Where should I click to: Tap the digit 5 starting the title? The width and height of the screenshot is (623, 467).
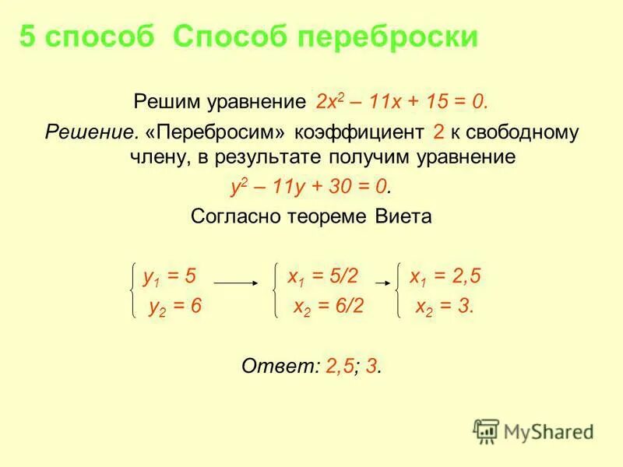click(28, 37)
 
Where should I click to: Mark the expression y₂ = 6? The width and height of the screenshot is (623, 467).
click(175, 306)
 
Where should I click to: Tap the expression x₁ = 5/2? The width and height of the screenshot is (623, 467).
click(322, 276)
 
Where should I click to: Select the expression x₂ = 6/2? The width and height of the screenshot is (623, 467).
click(328, 306)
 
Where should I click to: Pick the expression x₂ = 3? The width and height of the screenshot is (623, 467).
click(445, 306)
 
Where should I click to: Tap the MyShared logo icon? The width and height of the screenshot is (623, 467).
click(486, 430)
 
